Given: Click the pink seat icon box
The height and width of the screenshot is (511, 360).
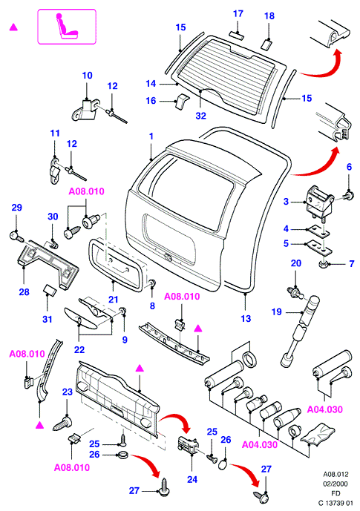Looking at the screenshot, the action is tap(67, 27).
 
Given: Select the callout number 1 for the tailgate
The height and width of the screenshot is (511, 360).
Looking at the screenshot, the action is tap(151, 136).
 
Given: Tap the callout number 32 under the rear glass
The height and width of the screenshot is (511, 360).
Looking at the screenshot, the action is tap(201, 116).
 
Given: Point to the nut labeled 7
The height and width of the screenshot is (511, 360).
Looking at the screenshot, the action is tap(324, 263).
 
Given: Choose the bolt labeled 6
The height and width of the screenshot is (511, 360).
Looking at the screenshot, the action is tap(349, 196).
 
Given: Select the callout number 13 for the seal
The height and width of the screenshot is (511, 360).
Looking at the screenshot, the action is tap(246, 318).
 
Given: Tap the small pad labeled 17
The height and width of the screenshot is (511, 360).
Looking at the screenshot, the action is tap(237, 34).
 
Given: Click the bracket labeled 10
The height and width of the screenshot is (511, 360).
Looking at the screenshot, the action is tap(85, 109).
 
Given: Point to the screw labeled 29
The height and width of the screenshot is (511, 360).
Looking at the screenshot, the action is tap(16, 236).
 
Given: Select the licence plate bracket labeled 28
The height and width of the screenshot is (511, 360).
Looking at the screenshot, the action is tap(48, 263).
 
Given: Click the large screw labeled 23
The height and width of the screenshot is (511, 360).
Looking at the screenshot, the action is tap(64, 423).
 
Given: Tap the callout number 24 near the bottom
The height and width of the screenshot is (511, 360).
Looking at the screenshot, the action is tap(192, 479).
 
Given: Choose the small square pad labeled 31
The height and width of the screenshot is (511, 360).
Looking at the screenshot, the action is tap(50, 289).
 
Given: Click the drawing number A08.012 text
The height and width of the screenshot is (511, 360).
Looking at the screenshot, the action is tap(336, 474).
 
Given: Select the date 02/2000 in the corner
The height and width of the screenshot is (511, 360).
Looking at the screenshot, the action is tap(336, 484).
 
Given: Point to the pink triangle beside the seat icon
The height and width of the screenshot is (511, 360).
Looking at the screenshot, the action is tap(13, 27).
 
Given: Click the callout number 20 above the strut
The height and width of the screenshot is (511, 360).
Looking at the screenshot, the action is tap(295, 263).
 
